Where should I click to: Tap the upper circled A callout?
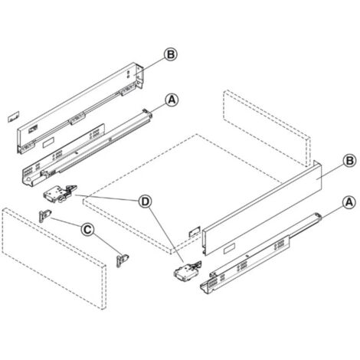[x=172, y=100]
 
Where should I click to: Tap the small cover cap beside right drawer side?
[x=193, y=228]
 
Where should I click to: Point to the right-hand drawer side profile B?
[x=260, y=207]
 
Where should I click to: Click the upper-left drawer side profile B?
[x=77, y=107]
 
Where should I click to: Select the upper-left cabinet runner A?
[x=84, y=149]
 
